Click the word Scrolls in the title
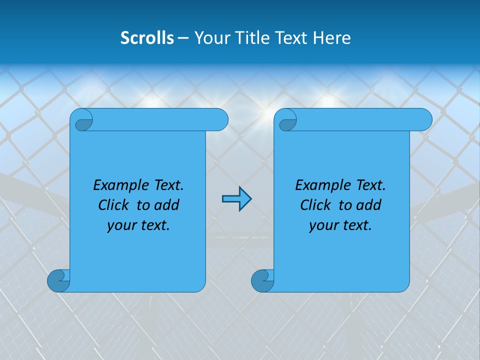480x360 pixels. point(147,38)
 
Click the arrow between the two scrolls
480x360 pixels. point(236,199)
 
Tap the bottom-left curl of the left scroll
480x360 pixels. point(58,281)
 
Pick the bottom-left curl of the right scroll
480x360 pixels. point(262,281)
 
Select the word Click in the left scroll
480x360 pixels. point(114,205)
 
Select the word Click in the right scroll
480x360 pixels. point(316,205)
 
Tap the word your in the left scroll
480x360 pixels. point(121,225)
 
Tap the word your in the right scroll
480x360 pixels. point(323,225)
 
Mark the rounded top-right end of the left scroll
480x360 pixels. point(220,120)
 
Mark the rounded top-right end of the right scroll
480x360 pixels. point(424,120)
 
